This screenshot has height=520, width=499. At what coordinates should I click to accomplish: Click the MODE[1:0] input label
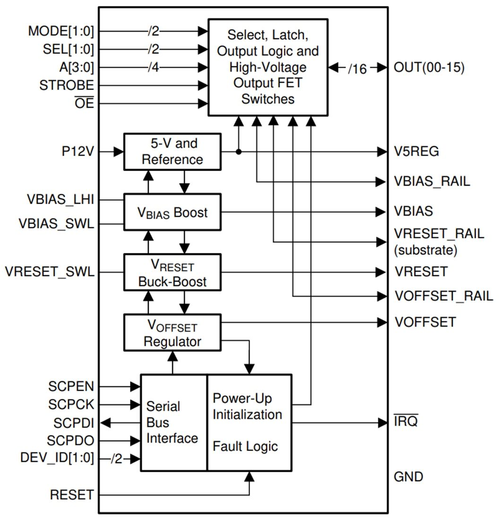[61, 32]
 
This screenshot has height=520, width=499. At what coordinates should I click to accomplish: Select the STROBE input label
[67, 86]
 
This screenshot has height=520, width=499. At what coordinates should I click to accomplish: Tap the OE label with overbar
[85, 104]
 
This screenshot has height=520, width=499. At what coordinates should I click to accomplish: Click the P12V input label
[77, 152]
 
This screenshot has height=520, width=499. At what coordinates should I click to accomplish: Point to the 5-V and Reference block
[172, 152]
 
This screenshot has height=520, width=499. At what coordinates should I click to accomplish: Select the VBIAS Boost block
[172, 212]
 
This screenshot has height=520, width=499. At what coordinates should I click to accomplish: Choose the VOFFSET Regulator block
[172, 333]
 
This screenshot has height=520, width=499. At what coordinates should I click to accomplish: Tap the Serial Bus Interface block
[173, 423]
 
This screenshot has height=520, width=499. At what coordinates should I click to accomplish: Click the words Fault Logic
[245, 446]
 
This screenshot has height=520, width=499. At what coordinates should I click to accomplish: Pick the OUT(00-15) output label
[429, 68]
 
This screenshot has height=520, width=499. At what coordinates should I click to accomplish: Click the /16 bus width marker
[357, 69]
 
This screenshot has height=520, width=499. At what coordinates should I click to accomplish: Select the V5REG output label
[416, 152]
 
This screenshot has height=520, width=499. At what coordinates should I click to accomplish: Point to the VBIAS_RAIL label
[432, 182]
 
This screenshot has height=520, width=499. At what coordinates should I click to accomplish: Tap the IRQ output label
[406, 422]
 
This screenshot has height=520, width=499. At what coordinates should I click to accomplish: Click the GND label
[408, 477]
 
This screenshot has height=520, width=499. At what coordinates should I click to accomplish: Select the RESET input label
[72, 495]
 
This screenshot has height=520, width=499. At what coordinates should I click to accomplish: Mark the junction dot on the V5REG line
[239, 152]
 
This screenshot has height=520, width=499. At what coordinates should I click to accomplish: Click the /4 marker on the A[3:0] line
[154, 68]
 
